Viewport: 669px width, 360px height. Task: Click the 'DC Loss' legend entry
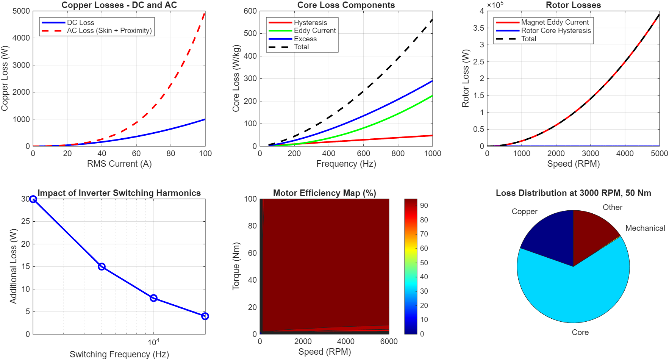[80, 23]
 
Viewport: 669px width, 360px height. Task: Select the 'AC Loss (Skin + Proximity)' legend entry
[109, 31]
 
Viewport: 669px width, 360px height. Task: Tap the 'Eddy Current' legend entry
[315, 31]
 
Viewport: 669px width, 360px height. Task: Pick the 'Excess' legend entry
[305, 39]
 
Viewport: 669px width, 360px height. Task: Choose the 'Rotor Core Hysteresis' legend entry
[556, 31]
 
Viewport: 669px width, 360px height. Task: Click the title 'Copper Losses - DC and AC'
[119, 5]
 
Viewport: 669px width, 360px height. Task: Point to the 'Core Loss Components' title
[346, 5]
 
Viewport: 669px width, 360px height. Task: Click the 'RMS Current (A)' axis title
[119, 164]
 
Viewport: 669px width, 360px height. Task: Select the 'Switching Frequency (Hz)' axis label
[119, 354]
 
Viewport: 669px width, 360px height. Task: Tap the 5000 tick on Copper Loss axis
[21, 11]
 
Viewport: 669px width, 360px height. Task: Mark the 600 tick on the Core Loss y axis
[250, 11]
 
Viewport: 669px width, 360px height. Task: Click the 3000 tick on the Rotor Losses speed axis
[590, 153]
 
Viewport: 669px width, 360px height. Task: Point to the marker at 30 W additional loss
[33, 199]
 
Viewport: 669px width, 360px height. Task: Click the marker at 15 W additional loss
[102, 267]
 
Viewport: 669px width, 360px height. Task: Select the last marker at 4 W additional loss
[205, 316]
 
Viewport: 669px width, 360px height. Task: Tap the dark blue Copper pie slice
[549, 239]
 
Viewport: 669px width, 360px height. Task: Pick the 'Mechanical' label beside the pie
[645, 228]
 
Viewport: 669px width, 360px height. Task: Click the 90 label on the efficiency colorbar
[424, 206]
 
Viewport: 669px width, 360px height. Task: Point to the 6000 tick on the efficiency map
[389, 341]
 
